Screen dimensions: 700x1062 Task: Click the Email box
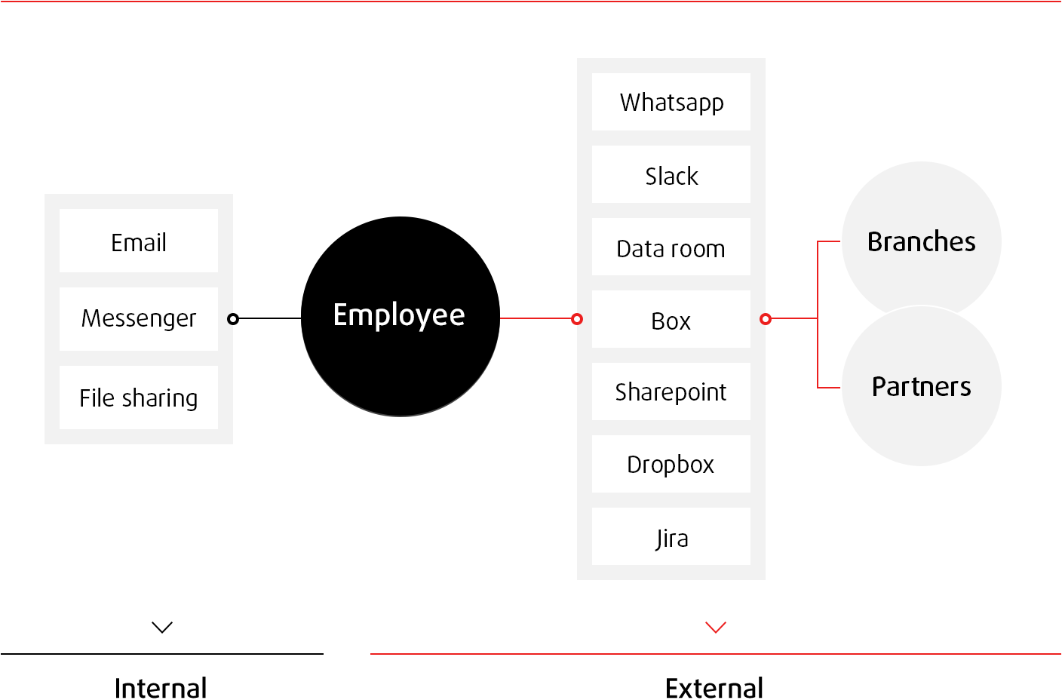[139, 241]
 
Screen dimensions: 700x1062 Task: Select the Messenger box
[139, 318]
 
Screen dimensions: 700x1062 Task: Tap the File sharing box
[139, 398]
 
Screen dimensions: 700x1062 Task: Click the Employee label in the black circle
[399, 315]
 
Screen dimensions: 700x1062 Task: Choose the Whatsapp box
[671, 102]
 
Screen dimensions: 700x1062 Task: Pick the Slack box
[671, 175]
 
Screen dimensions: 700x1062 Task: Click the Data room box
[671, 247]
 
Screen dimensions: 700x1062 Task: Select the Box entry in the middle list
[671, 320]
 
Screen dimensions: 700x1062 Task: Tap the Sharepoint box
[671, 391]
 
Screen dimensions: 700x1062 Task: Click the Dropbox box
[671, 464]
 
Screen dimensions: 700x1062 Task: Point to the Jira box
[671, 537]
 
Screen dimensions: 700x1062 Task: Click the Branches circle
[921, 241]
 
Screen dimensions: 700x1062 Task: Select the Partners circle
[921, 386]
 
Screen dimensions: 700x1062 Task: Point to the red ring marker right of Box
[766, 319]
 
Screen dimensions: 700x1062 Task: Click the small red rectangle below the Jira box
[716, 627]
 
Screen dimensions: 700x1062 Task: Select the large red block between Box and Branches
[803, 315]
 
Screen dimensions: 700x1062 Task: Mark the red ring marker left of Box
[577, 319]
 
